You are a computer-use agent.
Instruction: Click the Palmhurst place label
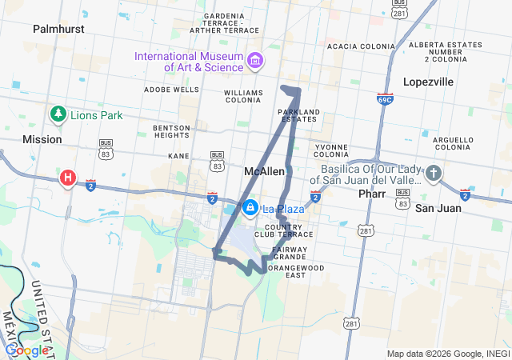(x=58, y=29)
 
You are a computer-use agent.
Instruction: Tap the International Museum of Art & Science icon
(x=255, y=60)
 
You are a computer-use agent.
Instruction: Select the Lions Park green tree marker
(x=58, y=115)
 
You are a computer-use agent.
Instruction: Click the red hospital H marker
(x=69, y=178)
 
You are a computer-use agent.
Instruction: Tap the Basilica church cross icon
(x=433, y=174)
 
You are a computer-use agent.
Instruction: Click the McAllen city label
(x=264, y=171)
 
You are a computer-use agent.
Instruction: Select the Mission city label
(x=42, y=139)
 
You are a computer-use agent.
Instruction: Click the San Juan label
(x=438, y=208)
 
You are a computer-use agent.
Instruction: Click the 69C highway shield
(x=385, y=98)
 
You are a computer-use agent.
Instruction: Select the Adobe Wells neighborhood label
(x=172, y=90)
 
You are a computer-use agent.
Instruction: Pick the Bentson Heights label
(x=172, y=131)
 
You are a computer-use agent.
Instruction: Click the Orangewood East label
(x=286, y=271)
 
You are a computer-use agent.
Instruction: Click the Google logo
(x=26, y=350)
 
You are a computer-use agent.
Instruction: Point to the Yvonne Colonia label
(x=331, y=151)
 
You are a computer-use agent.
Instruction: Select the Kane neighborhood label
(x=178, y=156)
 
